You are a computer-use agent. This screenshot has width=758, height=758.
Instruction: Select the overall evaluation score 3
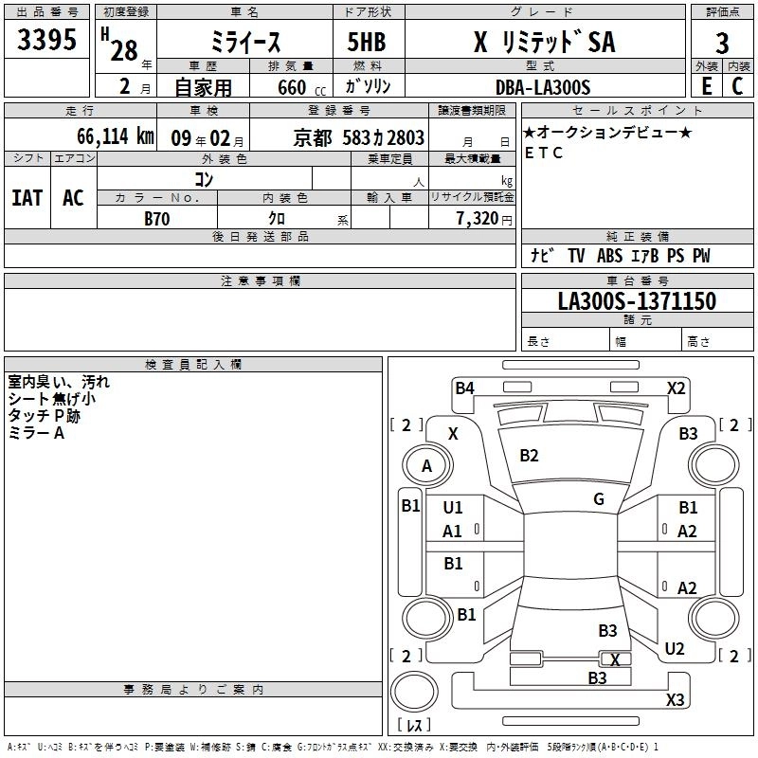point(722,44)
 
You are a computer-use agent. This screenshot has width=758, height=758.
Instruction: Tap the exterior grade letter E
point(706,85)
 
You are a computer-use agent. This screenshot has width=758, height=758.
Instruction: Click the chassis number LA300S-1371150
point(637,301)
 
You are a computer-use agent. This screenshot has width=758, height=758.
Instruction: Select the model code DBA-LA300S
point(542,86)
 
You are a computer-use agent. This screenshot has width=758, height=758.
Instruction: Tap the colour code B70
point(157,218)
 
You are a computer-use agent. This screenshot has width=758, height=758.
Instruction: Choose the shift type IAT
point(27,197)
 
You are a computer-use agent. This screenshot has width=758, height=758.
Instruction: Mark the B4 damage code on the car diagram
point(464,387)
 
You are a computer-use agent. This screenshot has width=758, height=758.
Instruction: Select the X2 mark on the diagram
point(676,388)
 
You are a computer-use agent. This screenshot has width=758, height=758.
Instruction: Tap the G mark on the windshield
point(599,498)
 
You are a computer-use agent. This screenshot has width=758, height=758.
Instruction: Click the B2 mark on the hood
point(529,456)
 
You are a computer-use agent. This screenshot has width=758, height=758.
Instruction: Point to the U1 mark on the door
point(453,507)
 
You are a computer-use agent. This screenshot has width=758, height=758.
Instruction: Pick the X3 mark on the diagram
point(675,700)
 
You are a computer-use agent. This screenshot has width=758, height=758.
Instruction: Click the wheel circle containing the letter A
point(426,465)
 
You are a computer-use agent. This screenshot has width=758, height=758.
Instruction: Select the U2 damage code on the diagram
point(675,649)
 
